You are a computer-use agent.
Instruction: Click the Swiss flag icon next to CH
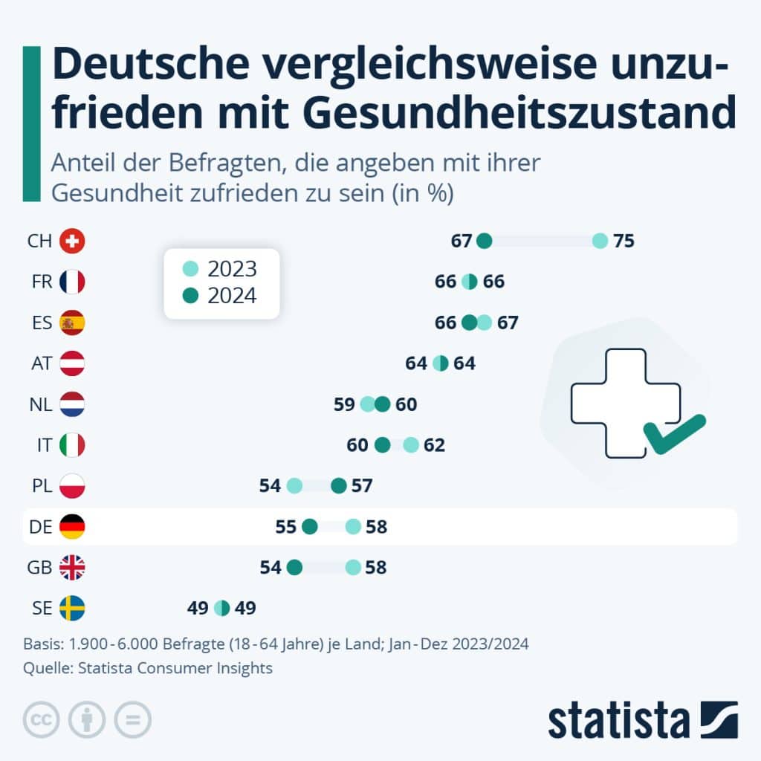click(x=72, y=241)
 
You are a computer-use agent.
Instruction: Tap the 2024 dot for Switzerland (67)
click(x=485, y=241)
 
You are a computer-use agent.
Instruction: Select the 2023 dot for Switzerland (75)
click(x=600, y=241)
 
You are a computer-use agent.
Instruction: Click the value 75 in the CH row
click(x=624, y=241)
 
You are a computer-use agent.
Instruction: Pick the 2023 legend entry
click(x=221, y=269)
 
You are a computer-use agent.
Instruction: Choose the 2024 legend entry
click(x=221, y=296)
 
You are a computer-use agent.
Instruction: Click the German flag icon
click(x=72, y=527)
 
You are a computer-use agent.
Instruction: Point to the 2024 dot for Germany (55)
click(x=310, y=527)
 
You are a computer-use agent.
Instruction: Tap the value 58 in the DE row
click(x=376, y=527)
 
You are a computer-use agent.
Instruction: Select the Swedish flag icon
click(x=72, y=609)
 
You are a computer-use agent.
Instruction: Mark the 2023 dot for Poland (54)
click(x=294, y=486)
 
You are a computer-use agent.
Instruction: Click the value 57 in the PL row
click(x=362, y=486)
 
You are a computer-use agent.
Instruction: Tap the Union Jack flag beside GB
click(x=72, y=568)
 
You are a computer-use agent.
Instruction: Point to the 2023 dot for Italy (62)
click(x=412, y=445)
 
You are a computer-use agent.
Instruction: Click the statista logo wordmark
click(x=619, y=720)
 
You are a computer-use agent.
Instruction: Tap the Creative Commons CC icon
click(x=41, y=719)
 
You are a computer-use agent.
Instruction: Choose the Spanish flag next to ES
click(x=72, y=323)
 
